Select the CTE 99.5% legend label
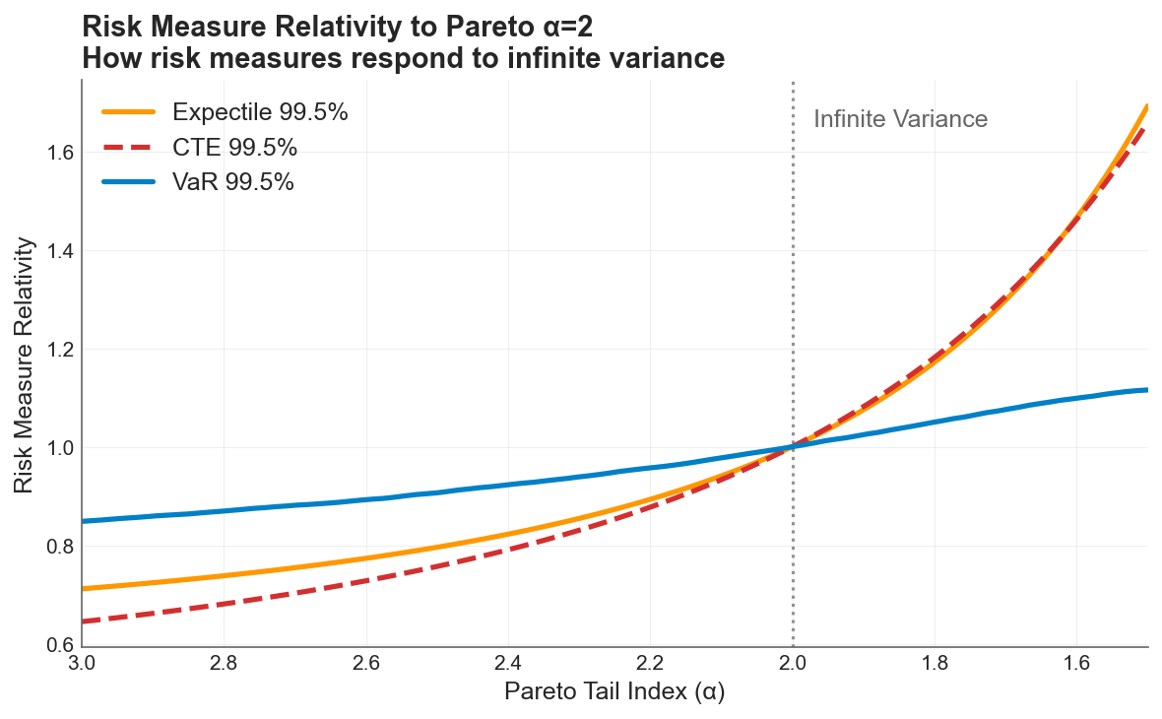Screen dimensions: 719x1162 [234, 148]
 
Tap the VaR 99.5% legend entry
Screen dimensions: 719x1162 [232, 182]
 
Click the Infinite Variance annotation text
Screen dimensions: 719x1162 [900, 119]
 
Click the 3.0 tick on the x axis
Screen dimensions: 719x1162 [82, 663]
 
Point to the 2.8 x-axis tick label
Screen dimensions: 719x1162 [224, 663]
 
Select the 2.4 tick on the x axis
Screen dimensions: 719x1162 [508, 663]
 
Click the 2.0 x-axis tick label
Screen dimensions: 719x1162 [793, 663]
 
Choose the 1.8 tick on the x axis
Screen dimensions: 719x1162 [935, 663]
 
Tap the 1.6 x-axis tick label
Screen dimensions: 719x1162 [1076, 663]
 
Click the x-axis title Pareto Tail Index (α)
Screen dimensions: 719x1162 [614, 692]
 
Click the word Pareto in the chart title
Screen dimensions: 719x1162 [432, 27]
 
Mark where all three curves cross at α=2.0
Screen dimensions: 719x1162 [793, 447]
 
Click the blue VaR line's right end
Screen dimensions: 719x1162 [1147, 390]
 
